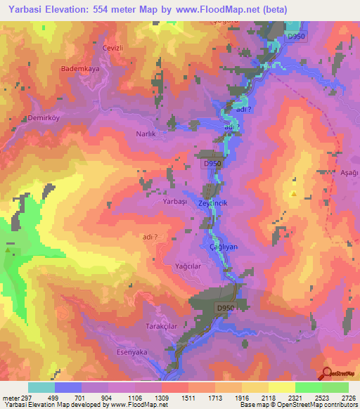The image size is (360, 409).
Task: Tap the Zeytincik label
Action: tap(214, 203)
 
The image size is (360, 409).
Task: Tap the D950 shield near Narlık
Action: tap(212, 162)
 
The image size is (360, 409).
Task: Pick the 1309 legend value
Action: tap(163, 398)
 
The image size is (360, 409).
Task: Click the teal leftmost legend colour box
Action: tap(41, 387)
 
